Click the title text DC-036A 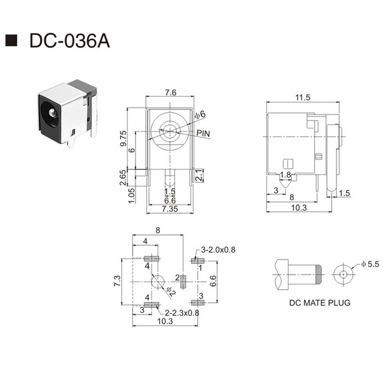(x=69, y=41)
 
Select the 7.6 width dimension (x=171, y=93)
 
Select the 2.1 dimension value (x=200, y=177)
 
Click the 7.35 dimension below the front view (x=170, y=209)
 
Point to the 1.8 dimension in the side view (x=285, y=175)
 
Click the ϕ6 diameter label (x=200, y=114)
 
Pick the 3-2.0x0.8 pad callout (x=218, y=250)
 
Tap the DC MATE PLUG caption (x=320, y=302)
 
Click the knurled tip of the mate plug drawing (x=317, y=274)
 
